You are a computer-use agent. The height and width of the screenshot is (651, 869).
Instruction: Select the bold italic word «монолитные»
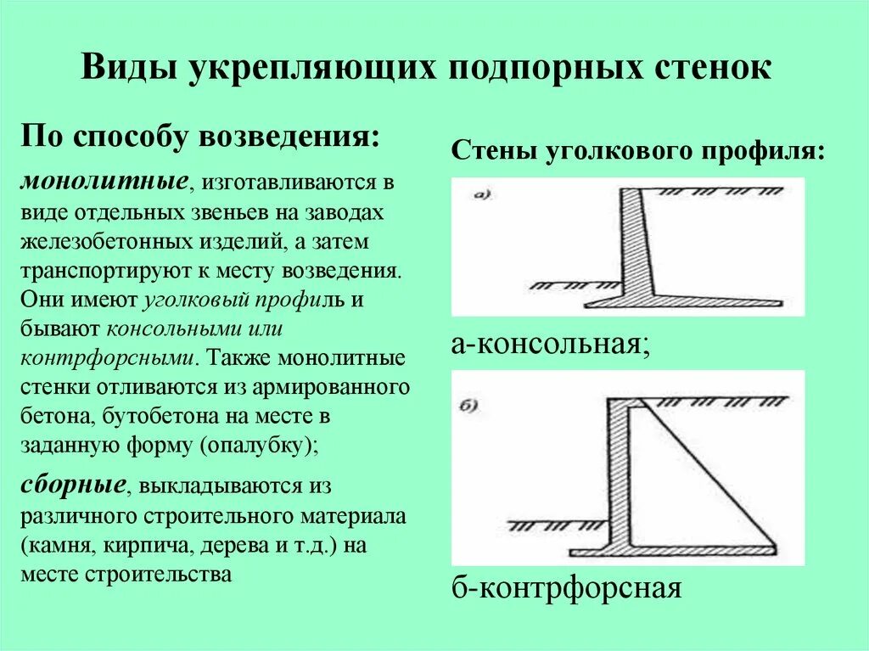[105, 182]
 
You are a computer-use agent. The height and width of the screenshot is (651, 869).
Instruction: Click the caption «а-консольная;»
[551, 345]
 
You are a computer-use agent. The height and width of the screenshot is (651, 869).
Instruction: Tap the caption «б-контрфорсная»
[566, 587]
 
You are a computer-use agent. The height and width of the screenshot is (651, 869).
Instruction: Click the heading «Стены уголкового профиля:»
[637, 152]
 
